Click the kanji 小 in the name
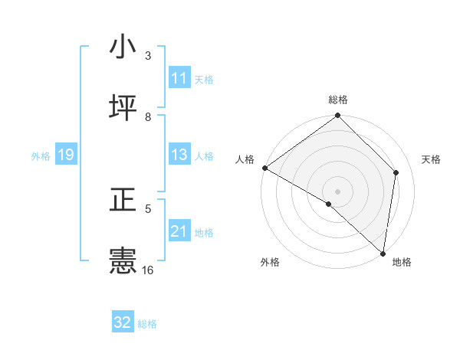click(x=123, y=47)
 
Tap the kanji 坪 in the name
click(x=123, y=108)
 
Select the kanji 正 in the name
click(x=123, y=200)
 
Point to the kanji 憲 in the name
click(x=123, y=261)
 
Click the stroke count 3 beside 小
click(x=148, y=56)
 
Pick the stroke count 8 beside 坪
click(x=148, y=117)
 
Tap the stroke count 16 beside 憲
click(x=148, y=270)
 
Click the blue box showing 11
click(x=179, y=78)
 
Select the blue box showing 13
click(x=179, y=155)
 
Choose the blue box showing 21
click(x=179, y=231)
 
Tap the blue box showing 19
click(x=65, y=155)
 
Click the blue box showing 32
click(x=123, y=322)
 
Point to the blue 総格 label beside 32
click(x=147, y=324)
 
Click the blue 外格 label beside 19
click(x=41, y=156)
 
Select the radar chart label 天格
click(x=432, y=159)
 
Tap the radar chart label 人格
click(x=245, y=159)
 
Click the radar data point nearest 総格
click(x=338, y=116)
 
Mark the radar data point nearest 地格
click(x=383, y=253)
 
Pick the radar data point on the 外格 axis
click(x=329, y=204)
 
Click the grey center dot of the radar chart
click(x=338, y=191)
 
